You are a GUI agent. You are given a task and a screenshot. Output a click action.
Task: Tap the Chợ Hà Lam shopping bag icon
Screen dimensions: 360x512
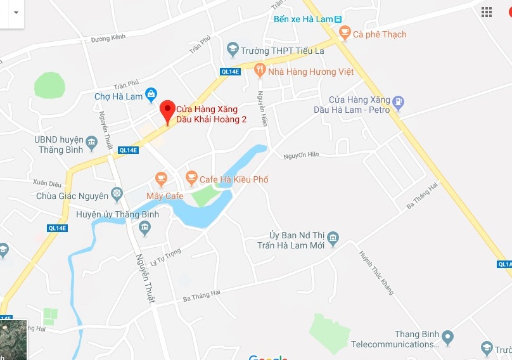151,96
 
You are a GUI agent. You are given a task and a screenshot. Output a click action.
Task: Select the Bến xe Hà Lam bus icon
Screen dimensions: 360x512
338,19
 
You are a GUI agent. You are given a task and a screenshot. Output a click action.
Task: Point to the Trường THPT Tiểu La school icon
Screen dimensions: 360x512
233,49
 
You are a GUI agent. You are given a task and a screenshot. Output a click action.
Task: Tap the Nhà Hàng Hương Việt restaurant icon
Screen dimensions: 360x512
260,70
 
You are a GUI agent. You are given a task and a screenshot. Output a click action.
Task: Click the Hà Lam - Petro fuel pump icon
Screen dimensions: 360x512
398,101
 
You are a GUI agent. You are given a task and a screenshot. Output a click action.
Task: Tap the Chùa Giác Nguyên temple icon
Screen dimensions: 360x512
117,193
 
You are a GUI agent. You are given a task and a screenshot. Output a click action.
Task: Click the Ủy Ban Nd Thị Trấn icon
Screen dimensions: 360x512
333,239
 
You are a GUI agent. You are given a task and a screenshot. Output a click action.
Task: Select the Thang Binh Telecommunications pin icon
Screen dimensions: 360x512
448,337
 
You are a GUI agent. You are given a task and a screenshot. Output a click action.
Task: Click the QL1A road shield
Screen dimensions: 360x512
504,264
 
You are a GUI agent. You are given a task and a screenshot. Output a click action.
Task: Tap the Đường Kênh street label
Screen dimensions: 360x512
108,38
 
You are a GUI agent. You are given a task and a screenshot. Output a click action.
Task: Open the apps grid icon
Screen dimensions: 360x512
487,12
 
